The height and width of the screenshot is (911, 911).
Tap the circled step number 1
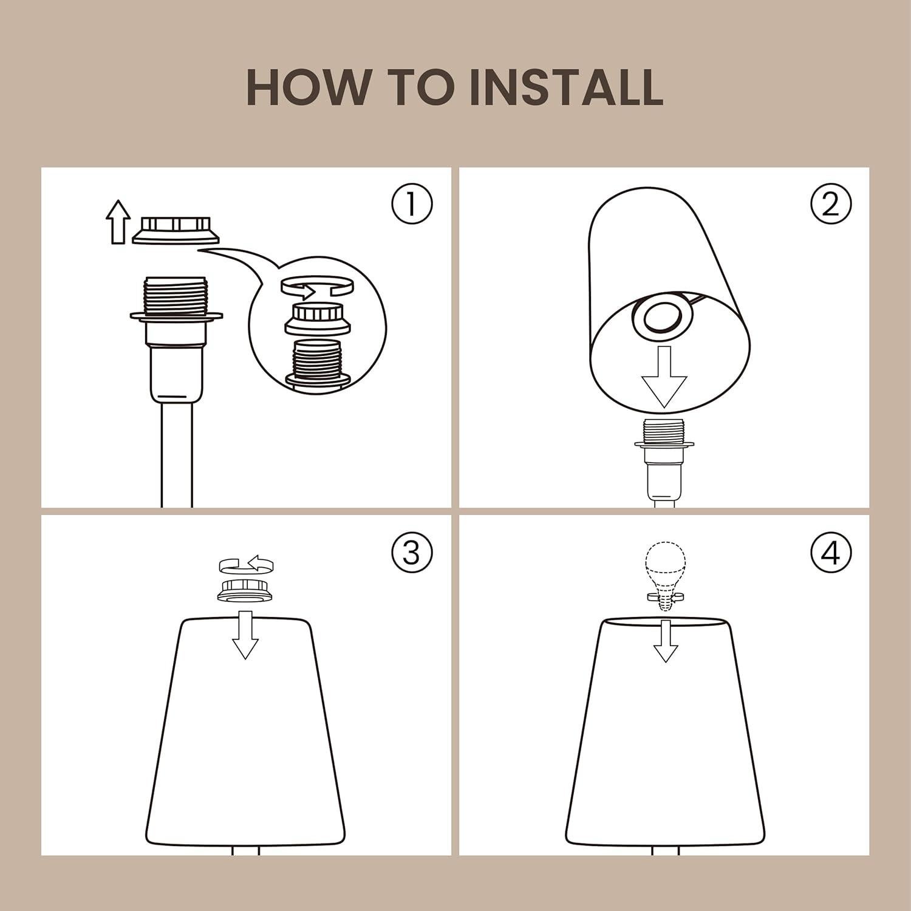(412, 205)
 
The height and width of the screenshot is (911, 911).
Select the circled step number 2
(831, 205)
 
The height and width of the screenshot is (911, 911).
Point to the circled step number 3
(412, 553)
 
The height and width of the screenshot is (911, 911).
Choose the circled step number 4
(831, 553)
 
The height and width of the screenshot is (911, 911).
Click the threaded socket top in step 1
(176, 294)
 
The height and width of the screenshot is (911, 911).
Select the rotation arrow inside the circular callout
(317, 287)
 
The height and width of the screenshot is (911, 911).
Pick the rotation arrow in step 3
(246, 564)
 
